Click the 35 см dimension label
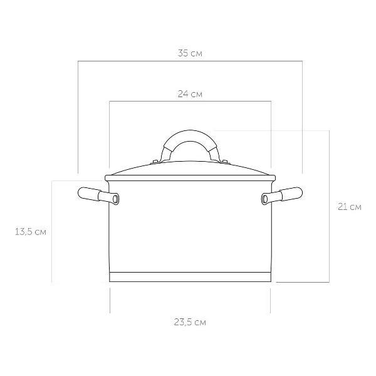(x=190, y=53)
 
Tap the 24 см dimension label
(x=190, y=94)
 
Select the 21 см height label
(x=350, y=207)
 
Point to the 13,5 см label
(x=31, y=232)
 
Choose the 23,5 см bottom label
(x=190, y=322)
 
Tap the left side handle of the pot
(x=98, y=196)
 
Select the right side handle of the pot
(x=282, y=196)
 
